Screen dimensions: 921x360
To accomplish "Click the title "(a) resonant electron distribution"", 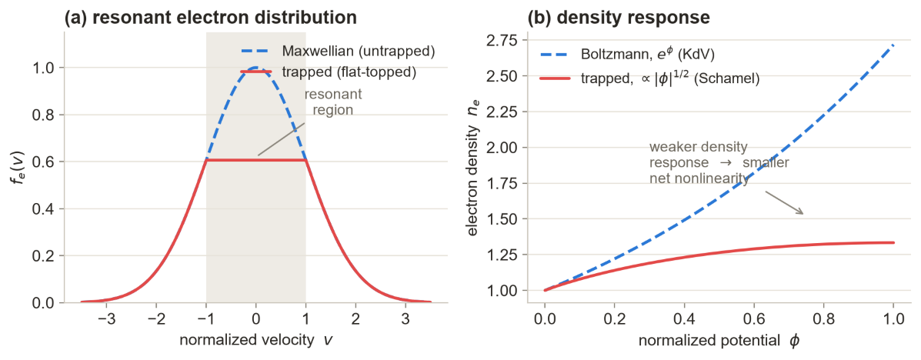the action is tap(210, 17).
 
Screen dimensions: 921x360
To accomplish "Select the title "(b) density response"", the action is tap(619, 17).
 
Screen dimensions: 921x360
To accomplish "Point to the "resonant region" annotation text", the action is tap(332, 102).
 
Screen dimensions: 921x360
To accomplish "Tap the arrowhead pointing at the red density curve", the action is tap(800, 212).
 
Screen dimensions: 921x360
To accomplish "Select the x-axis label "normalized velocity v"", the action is tap(255, 339).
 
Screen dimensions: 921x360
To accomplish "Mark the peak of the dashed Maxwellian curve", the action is tap(255, 67).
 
